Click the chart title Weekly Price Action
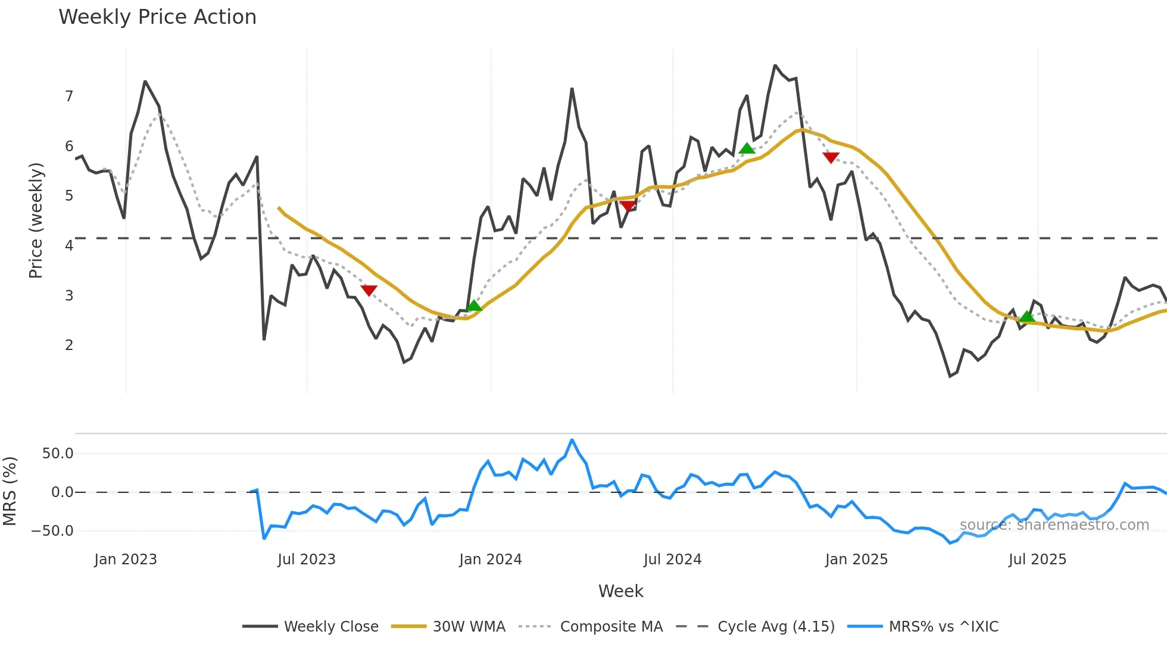157,17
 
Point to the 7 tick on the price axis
69,96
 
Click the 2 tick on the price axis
69,345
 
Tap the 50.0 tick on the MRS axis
58,454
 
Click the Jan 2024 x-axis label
491,560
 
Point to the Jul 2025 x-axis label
1037,560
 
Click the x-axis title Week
620,591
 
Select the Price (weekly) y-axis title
36,220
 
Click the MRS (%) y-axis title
10,491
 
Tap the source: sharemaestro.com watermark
1054,525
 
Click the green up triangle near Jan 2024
474,306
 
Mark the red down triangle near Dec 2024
831,157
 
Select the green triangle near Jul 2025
1027,316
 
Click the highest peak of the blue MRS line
572,441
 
